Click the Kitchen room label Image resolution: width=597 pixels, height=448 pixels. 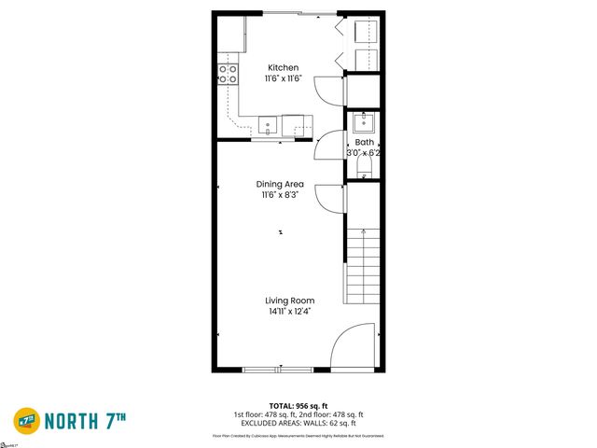284,68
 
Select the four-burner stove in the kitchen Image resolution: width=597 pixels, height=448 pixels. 228,74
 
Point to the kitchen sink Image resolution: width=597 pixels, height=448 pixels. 267,123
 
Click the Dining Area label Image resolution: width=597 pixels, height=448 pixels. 281,184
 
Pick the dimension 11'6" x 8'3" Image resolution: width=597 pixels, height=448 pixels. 281,196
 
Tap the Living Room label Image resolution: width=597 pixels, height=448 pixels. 289,301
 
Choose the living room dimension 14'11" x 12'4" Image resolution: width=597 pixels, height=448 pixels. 289,312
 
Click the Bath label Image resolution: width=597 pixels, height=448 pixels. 364,143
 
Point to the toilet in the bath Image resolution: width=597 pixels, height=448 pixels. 365,168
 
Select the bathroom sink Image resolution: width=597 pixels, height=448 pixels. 365,122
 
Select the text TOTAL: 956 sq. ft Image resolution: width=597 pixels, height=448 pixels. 298,406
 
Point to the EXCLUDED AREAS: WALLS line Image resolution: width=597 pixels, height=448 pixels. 298,422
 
